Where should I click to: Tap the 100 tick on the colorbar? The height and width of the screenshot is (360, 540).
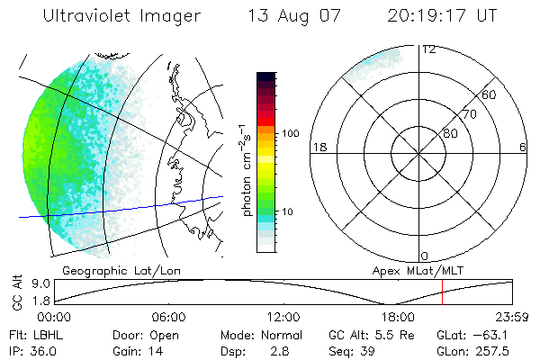[291, 133]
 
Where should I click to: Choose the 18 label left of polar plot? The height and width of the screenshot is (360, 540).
[318, 147]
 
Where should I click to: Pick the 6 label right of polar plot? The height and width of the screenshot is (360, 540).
[523, 147]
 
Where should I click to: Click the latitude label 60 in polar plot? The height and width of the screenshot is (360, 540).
[490, 94]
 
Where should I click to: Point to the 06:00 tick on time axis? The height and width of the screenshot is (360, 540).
[168, 318]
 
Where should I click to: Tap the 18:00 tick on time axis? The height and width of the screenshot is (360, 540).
[398, 318]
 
